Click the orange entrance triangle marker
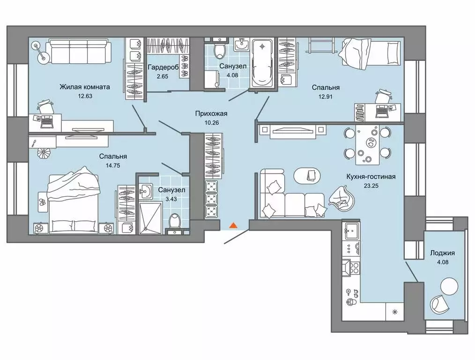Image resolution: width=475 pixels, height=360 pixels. coord(233,225)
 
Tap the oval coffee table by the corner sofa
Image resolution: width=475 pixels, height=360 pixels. coord(308,176)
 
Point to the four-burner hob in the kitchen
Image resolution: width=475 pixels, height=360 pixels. coord(352,267)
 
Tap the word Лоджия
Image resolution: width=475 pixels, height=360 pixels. coord(442,253)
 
